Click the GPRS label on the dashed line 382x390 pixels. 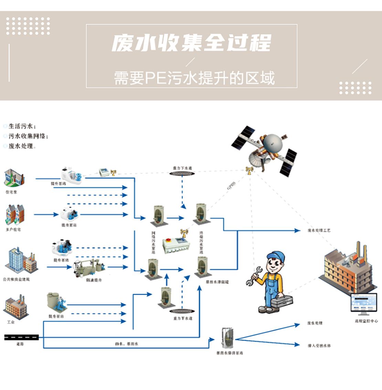tap(231, 186)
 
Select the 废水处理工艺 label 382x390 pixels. tap(319, 230)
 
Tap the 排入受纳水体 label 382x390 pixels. tap(319, 345)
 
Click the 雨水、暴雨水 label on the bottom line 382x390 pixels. tap(126, 344)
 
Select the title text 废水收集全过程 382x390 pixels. tap(191, 43)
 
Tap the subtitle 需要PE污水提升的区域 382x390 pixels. tap(194, 78)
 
